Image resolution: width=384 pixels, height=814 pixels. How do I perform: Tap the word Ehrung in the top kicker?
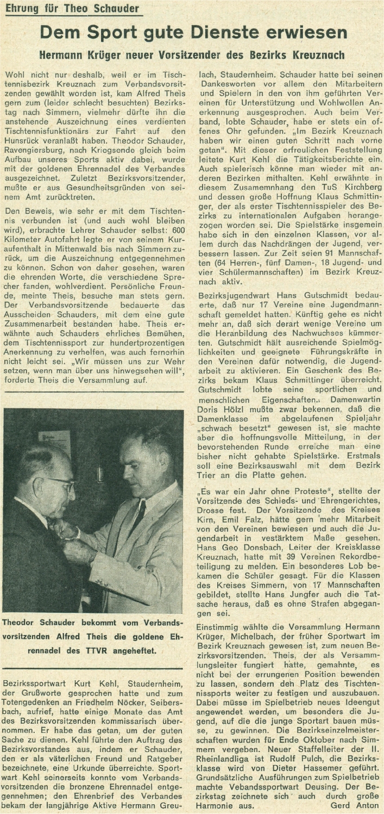tap(21, 9)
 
